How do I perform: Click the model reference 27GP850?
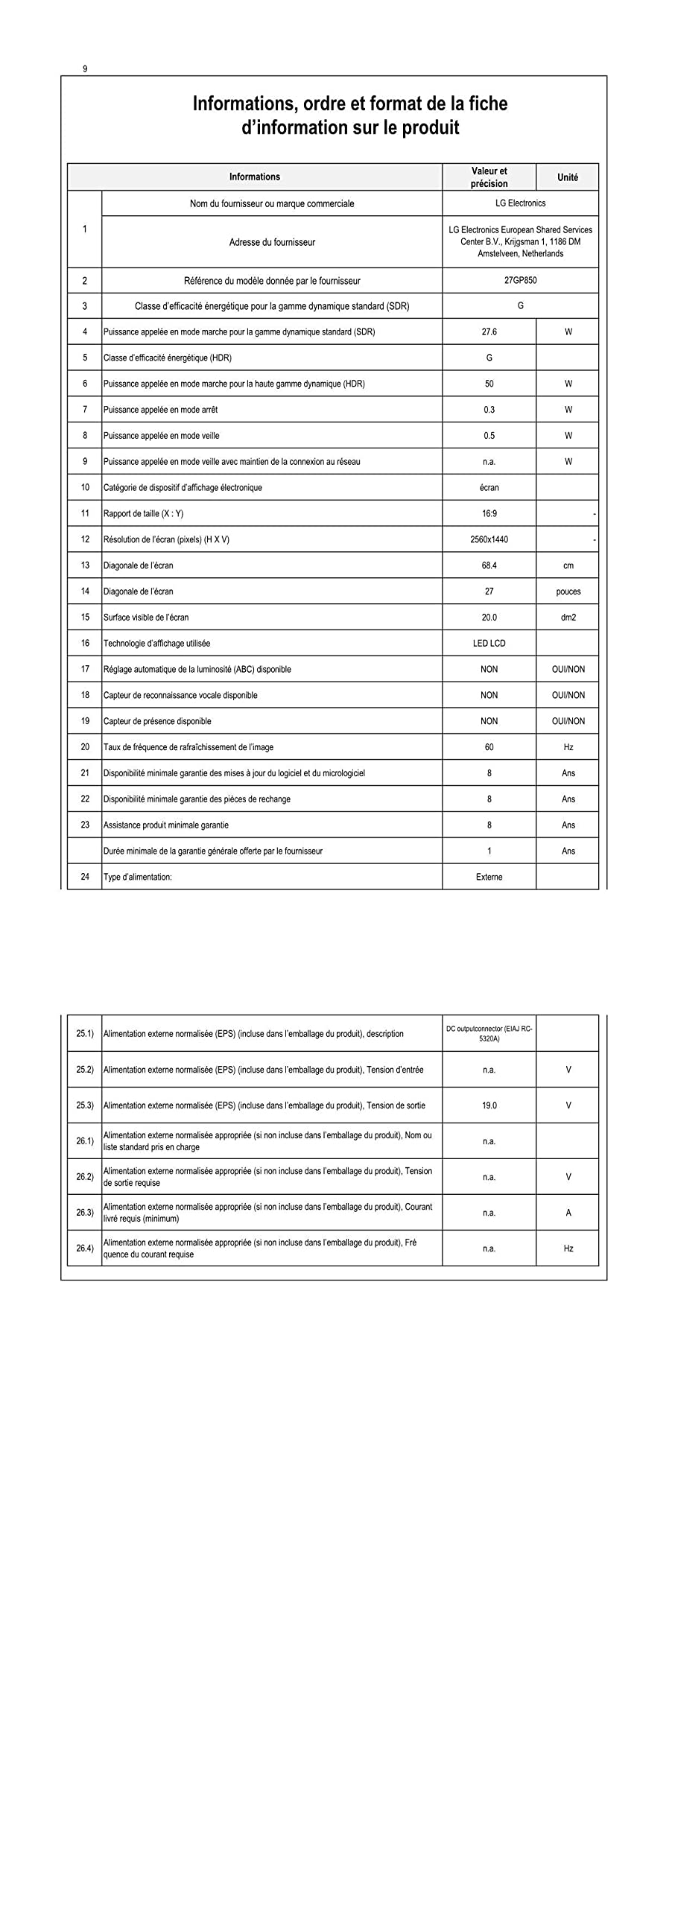pyautogui.click(x=520, y=281)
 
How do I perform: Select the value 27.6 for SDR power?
pyautogui.click(x=489, y=332)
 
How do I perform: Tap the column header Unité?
pyautogui.click(x=567, y=177)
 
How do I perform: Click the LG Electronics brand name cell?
pyautogui.click(x=520, y=203)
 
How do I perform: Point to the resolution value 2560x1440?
pyautogui.click(x=489, y=539)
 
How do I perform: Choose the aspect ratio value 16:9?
pyautogui.click(x=489, y=513)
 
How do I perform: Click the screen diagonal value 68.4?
pyautogui.click(x=489, y=565)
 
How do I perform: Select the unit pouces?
pyautogui.click(x=568, y=591)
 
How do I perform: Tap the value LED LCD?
pyautogui.click(x=489, y=644)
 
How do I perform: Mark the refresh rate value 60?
pyautogui.click(x=489, y=747)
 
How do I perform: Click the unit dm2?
pyautogui.click(x=568, y=618)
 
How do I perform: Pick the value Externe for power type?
pyautogui.click(x=489, y=877)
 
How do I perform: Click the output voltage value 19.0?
pyautogui.click(x=489, y=1105)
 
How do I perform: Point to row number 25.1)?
pyautogui.click(x=85, y=1034)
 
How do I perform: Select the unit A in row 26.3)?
pyautogui.click(x=568, y=1213)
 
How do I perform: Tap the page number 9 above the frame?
pyautogui.click(x=85, y=69)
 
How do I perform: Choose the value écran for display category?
pyautogui.click(x=489, y=488)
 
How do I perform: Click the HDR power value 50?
pyautogui.click(x=489, y=384)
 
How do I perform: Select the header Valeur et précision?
pyautogui.click(x=489, y=177)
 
